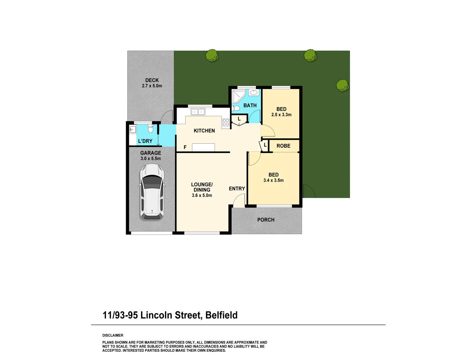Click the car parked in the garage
coord(152,192)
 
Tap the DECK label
coord(152,80)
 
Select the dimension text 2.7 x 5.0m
coord(152,86)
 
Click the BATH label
coord(250,105)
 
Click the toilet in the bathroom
coord(236,108)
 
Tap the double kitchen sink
coord(198,112)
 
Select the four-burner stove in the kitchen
coord(226,122)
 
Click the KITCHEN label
coord(204,131)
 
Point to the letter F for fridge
coord(185,147)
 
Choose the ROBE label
coord(283,146)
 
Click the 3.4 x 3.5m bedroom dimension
coord(273,180)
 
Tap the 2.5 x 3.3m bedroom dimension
coord(281,115)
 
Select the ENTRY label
coord(237,189)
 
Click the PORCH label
coord(266,220)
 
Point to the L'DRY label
coord(145,141)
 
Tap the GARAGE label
coord(151,153)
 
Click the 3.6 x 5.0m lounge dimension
coord(202,195)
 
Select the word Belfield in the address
coord(221,315)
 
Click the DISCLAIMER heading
coord(113,335)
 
